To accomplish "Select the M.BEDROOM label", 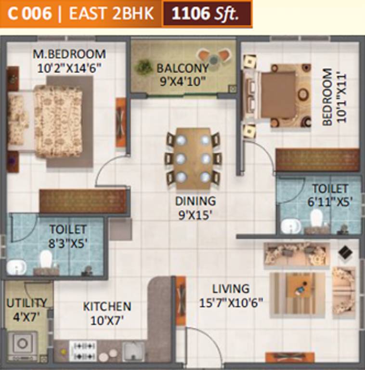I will click(69, 54).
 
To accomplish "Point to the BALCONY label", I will click(182, 68).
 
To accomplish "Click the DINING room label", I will click(195, 200).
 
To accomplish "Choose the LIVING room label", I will click(231, 289).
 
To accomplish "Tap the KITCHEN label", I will click(106, 306).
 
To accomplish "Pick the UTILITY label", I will click(26, 303).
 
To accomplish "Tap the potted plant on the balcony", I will click(143, 67).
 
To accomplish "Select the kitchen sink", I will click(132, 349).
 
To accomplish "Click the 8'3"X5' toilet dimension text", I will click(68, 243).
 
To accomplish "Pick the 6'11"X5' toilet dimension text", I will click(330, 202).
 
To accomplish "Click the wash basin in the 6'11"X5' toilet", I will click(290, 226).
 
